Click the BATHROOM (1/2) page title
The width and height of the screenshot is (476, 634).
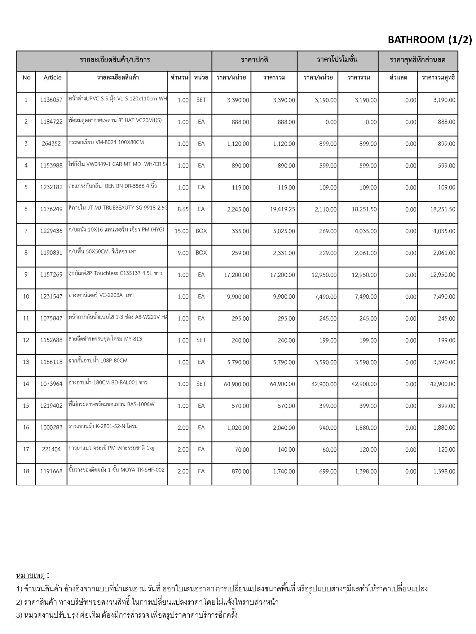[x=430, y=40]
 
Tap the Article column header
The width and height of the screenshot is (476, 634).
[x=52, y=77]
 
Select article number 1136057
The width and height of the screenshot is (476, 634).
[x=51, y=100]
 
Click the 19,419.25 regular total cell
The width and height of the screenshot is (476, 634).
[x=282, y=209]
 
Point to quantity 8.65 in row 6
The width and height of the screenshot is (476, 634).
[x=183, y=209]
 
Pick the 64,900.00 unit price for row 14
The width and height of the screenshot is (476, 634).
[x=236, y=384]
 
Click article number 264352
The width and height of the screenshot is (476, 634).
[x=51, y=144]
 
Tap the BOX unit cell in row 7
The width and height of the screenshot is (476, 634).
[x=201, y=231]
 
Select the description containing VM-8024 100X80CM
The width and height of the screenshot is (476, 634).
[x=106, y=142]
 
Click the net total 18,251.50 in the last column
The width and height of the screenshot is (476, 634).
[x=443, y=209]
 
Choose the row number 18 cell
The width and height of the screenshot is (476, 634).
[x=26, y=471]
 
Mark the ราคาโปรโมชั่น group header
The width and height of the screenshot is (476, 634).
[x=337, y=59]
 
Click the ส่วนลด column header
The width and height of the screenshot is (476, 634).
[x=398, y=77]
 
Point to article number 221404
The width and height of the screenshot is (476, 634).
[x=51, y=449]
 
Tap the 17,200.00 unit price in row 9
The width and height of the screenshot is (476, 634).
[x=236, y=275]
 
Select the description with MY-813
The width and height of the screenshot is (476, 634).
[x=105, y=339]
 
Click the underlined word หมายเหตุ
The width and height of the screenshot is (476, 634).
[x=30, y=576]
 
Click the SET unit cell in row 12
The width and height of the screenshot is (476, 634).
[x=201, y=340]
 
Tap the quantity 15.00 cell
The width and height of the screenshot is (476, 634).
[x=182, y=231]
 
